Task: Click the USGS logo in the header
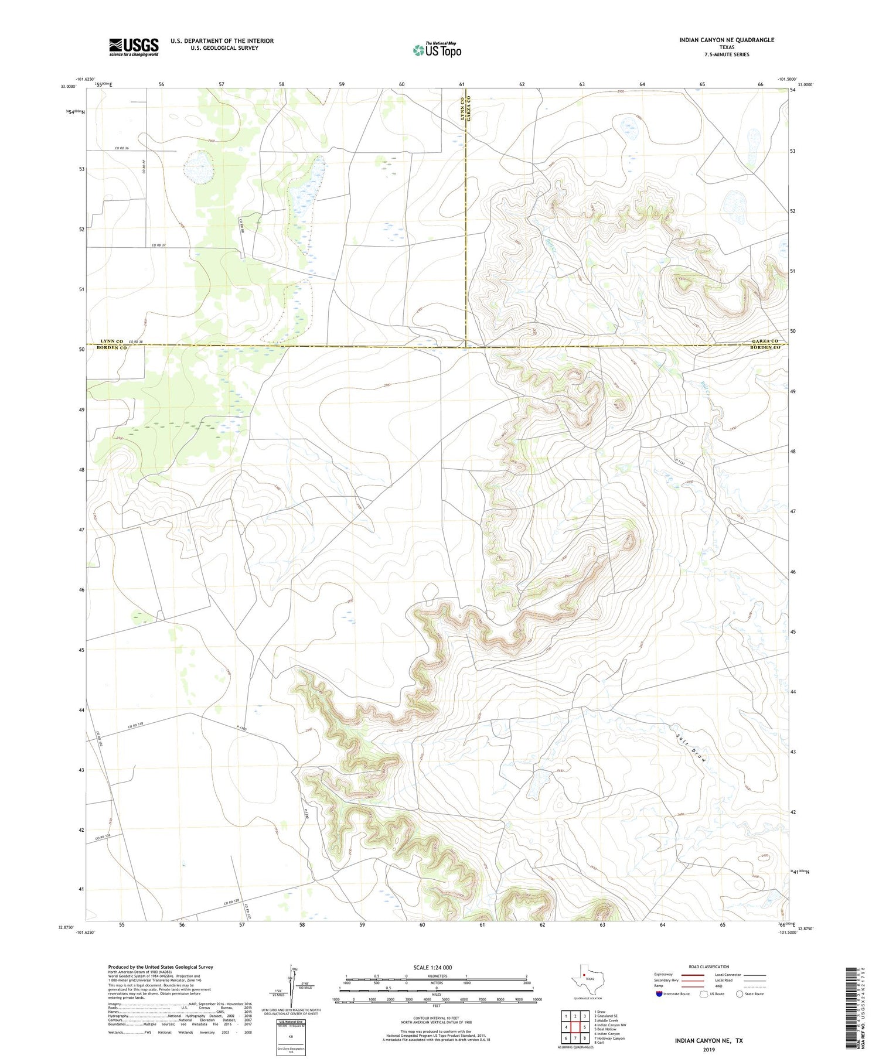point(134,47)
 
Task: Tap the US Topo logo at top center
point(437,50)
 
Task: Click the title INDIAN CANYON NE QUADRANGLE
point(727,40)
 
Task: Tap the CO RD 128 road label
point(232,903)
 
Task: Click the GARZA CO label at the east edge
point(765,341)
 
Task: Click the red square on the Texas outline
point(584,975)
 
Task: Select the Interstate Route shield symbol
point(659,993)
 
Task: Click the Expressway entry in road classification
point(666,975)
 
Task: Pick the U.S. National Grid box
point(291,1037)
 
